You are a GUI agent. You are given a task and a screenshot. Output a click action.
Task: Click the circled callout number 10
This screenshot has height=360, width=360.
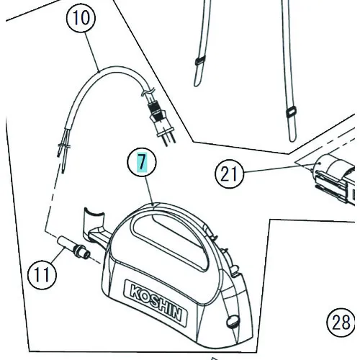click(81, 18)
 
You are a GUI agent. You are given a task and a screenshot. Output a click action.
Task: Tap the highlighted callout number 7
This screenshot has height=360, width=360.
click(142, 162)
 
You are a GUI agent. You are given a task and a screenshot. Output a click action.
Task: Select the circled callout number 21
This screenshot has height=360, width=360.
click(229, 174)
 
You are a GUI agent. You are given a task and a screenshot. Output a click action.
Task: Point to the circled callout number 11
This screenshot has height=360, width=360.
click(42, 274)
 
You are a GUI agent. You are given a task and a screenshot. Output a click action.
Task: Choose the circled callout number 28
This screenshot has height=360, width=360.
click(341, 323)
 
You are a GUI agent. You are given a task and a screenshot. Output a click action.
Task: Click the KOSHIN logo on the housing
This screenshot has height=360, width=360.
click(156, 303)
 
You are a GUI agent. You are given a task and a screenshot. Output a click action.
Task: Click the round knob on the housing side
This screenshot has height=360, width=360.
click(233, 322)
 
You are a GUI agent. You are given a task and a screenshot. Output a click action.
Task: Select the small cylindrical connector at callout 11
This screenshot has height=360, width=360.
click(73, 248)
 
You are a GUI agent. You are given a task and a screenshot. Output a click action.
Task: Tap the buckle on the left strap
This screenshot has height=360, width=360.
click(200, 60)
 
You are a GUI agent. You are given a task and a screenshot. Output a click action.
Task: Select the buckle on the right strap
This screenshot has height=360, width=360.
click(291, 112)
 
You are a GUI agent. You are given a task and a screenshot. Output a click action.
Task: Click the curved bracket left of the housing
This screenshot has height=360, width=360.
click(93, 225)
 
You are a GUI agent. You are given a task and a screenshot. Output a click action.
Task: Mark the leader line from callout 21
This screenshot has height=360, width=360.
click(269, 168)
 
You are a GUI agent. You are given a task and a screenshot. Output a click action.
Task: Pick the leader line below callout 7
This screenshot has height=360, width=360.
click(150, 190)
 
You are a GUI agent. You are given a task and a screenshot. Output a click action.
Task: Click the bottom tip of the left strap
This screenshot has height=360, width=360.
click(196, 86)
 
